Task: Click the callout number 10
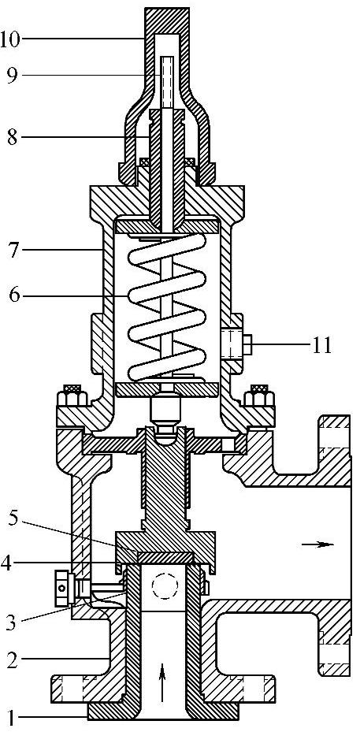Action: pos(11,39)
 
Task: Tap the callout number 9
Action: pos(13,76)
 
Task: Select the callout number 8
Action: pos(13,138)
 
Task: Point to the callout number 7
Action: pos(13,251)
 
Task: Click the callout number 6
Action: pos(13,295)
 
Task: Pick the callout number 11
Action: pos(321,347)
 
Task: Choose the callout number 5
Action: pos(13,522)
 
